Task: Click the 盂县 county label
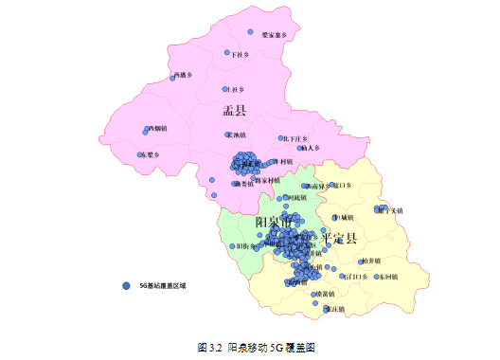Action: [x=234, y=111]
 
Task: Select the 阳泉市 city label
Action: [x=275, y=222]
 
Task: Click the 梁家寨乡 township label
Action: [x=274, y=35]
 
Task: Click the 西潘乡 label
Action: [x=183, y=74]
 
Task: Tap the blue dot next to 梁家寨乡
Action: [x=250, y=31]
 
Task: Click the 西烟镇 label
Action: [x=157, y=128]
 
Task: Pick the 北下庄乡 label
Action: [x=295, y=138]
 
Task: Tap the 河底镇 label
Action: [x=296, y=197]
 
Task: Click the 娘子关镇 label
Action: [x=390, y=209]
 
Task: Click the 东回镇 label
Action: [x=387, y=277]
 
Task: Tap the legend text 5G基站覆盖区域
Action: [x=163, y=284]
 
